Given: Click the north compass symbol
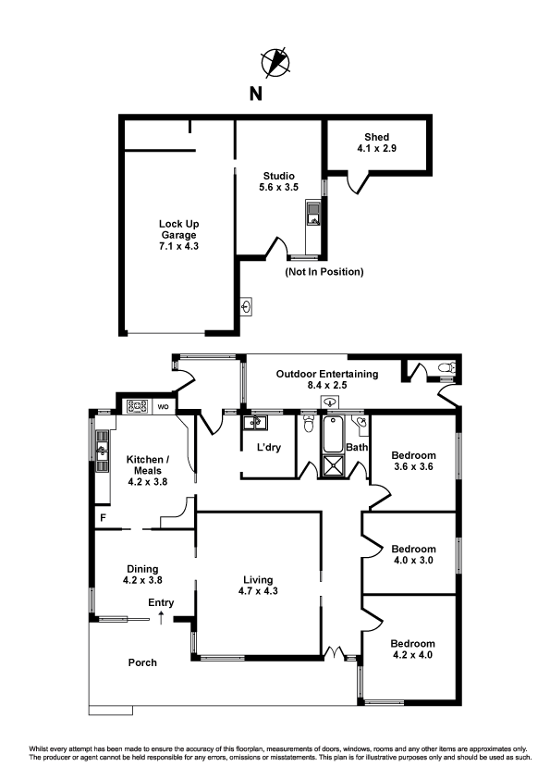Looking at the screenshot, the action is (275, 62).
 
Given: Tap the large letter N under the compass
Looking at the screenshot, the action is (256, 93).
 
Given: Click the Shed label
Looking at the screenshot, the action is (377, 137).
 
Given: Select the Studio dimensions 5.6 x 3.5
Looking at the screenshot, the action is (278, 187).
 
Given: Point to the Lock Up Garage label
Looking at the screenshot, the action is (178, 229).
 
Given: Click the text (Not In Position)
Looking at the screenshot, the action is (324, 272).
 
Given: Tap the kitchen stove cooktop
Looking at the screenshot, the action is (138, 406).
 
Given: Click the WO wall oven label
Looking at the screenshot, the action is (164, 407).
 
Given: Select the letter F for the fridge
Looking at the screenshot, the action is (104, 518).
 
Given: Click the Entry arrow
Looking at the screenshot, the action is (161, 618).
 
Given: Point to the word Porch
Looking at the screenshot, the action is (142, 662).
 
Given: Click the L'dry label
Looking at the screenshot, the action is (269, 447).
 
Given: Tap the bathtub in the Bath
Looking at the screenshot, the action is (333, 435).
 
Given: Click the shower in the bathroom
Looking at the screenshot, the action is (333, 466).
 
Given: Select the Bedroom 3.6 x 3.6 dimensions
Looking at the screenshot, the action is (413, 466).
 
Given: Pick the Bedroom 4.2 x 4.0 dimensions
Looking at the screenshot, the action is (412, 655).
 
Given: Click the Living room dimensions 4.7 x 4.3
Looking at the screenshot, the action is (258, 591).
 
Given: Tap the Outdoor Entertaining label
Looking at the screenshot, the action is (327, 374).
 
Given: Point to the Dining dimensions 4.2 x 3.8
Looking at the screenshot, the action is (142, 580).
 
